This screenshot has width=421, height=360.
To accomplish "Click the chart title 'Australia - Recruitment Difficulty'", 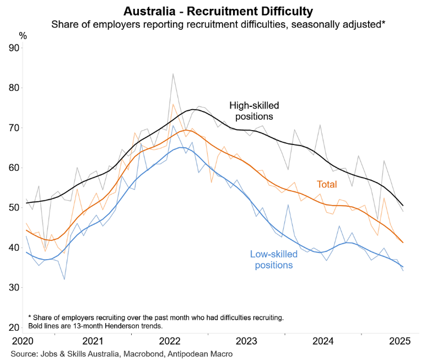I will tap(210, 10).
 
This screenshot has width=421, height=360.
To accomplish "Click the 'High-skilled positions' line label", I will tap(253, 110).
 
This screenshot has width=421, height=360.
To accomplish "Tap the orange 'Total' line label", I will tap(327, 185).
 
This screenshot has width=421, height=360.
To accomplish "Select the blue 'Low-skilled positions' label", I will tap(274, 259).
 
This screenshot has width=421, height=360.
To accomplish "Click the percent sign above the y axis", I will tap(23, 35).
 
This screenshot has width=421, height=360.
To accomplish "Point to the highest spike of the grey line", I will tap(173, 74).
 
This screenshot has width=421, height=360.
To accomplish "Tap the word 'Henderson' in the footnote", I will tap(118, 325).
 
